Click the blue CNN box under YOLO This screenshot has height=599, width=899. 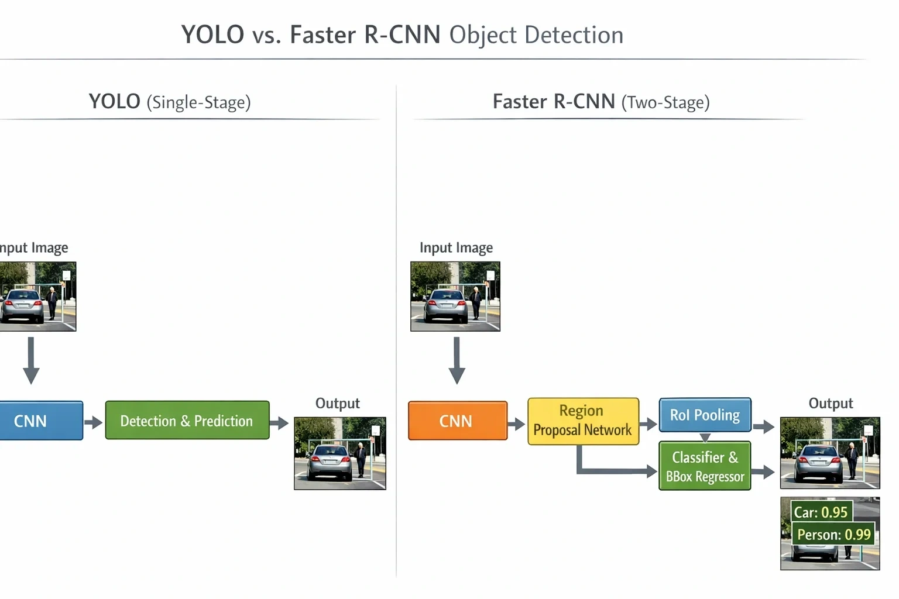click(x=41, y=421)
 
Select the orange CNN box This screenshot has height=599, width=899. click(x=458, y=421)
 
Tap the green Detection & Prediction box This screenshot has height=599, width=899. click(x=187, y=420)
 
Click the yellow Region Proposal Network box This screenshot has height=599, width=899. click(x=583, y=421)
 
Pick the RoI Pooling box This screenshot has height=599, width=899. click(x=705, y=415)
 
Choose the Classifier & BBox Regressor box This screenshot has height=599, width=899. click(x=705, y=466)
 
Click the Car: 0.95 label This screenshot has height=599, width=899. click(x=821, y=512)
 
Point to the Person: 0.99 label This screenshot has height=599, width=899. click(x=833, y=535)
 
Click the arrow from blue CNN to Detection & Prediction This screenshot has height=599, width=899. click(x=94, y=422)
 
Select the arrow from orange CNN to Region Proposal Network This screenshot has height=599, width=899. click(x=517, y=424)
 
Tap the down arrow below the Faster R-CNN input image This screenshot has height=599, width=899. click(x=457, y=360)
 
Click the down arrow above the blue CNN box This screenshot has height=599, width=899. click(x=31, y=360)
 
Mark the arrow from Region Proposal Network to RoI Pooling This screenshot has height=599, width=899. click(x=648, y=424)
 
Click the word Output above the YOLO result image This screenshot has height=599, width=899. click(x=338, y=403)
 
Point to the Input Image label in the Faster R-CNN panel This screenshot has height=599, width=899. click(x=457, y=247)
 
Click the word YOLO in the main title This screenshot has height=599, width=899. click(x=212, y=35)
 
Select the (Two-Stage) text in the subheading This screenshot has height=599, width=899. click(x=666, y=102)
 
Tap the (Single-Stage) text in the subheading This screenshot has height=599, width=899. click(x=198, y=102)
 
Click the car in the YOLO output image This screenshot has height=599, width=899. click(x=330, y=462)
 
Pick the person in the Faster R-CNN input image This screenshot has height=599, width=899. click(x=476, y=302)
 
